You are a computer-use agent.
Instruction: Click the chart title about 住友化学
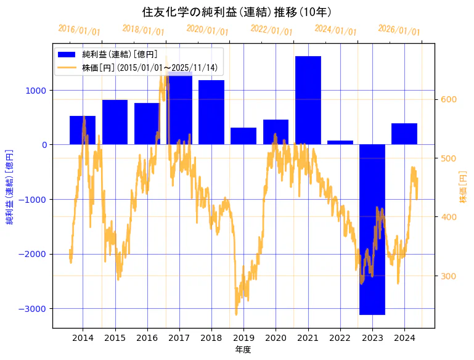coord(237,12)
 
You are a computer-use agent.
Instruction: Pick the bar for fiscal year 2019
coord(243,136)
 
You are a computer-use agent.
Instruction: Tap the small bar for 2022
coord(340,142)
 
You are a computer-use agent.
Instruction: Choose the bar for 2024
coord(404,134)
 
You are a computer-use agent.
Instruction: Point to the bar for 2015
coord(115,122)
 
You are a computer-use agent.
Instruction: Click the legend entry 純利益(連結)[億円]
coord(120,54)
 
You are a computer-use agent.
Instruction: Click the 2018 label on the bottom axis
coord(211,338)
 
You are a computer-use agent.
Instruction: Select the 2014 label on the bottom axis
coord(83,338)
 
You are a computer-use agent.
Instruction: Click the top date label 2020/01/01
coord(207,30)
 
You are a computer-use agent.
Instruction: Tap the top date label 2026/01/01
coord(399,30)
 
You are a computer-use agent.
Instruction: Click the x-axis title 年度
coord(243,350)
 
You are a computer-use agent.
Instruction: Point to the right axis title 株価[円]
coord(463,187)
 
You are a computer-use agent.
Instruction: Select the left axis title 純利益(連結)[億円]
coord(10,187)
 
